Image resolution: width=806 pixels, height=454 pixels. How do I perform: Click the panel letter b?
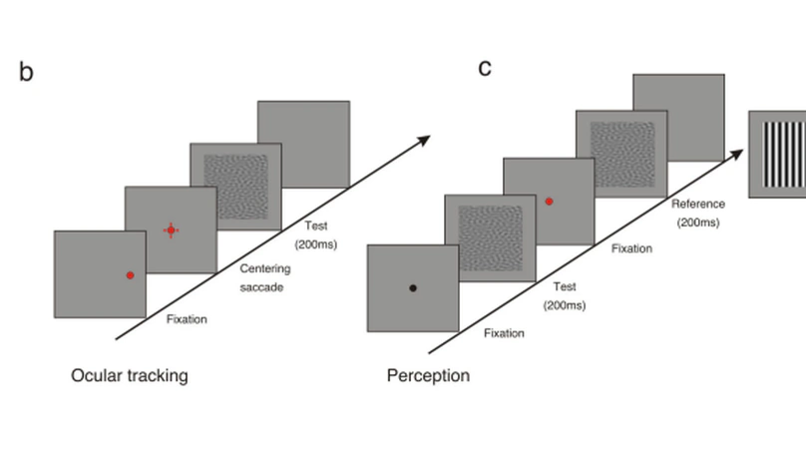26,72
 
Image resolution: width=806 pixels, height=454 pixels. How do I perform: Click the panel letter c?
485,68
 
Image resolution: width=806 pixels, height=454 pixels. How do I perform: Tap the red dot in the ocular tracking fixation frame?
130,274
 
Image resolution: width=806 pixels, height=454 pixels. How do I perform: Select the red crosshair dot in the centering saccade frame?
172,230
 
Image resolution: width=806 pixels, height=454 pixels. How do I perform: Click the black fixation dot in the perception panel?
412,288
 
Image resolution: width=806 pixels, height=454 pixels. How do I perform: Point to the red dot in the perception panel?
549,202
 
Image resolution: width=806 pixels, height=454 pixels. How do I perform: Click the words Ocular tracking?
129,376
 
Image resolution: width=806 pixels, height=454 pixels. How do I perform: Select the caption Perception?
428,376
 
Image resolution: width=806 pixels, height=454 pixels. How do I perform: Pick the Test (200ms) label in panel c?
564,294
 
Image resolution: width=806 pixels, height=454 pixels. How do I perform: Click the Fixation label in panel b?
187,319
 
